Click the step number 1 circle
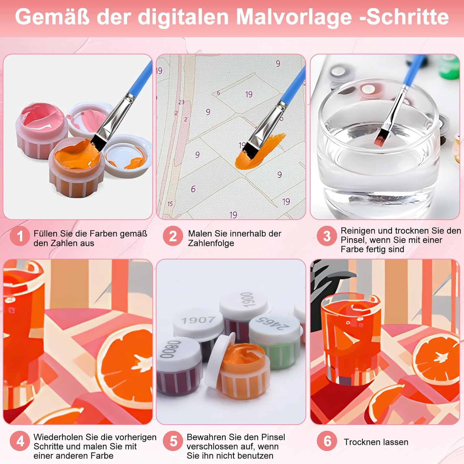coord(20,236)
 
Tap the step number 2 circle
coord(173,236)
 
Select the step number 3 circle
coord(327,236)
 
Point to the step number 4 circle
coord(20,441)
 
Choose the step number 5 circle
coord(173,441)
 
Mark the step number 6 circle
coord(327,441)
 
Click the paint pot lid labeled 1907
coord(198,322)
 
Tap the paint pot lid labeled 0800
coord(176,351)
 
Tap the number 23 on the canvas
coord(181,102)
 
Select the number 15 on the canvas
coord(170,204)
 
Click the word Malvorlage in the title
coord(294,17)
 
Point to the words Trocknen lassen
coord(376,442)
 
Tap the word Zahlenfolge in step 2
coord(211,243)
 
